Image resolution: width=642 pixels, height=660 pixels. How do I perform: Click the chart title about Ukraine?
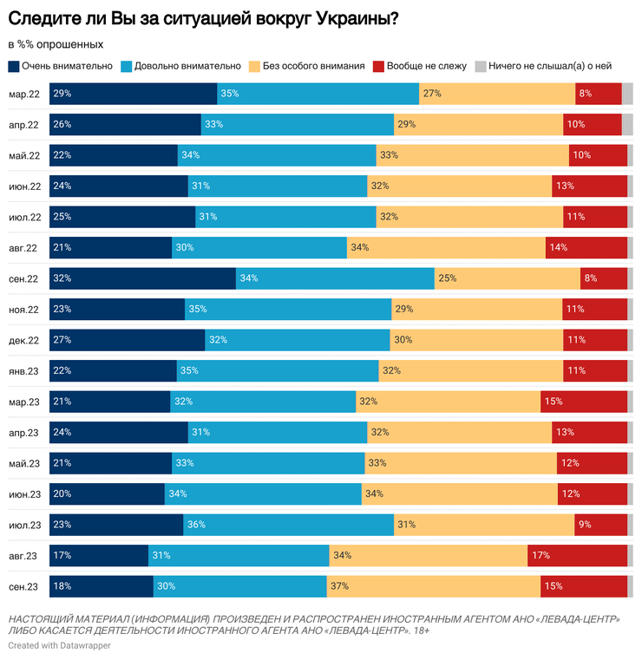[x=203, y=17]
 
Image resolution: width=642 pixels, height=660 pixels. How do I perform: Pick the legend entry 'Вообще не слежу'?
[x=420, y=66]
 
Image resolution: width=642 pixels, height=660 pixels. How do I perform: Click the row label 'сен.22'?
[x=23, y=279]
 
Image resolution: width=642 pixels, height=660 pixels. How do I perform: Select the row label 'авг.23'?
[x=23, y=556]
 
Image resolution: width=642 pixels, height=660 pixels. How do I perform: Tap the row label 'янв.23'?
[x=23, y=371]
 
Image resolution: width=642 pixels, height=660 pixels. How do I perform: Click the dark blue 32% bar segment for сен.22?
[x=142, y=278]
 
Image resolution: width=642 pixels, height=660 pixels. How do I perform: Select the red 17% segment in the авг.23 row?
[x=577, y=556]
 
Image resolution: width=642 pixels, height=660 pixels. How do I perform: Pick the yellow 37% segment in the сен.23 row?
[x=434, y=586]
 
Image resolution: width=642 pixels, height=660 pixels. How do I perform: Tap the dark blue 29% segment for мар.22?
[x=133, y=94]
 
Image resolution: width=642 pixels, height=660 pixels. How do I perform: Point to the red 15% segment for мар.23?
[x=584, y=402]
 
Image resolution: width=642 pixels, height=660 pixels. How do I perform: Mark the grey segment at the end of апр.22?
[x=627, y=125]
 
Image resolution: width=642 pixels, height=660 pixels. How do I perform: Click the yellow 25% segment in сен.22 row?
[x=508, y=278]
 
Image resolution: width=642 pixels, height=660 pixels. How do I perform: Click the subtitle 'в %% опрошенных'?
[x=56, y=44]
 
